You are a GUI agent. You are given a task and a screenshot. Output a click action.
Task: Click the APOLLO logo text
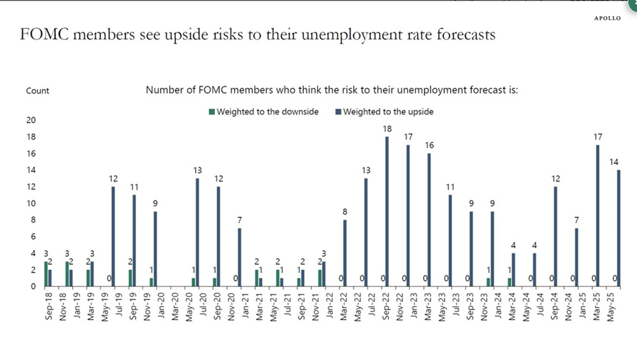pos(608,18)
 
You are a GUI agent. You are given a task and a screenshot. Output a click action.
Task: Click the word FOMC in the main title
pos(48,34)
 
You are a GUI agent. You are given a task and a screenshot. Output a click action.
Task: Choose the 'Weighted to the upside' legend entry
pos(384,111)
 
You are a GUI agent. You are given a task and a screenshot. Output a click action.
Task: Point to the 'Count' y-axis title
pos(38,90)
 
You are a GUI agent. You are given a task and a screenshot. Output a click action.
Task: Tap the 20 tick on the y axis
pos(30,120)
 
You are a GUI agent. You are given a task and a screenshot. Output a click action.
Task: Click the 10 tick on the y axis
pos(30,204)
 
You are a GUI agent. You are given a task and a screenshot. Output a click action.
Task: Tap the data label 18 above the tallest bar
pos(387,129)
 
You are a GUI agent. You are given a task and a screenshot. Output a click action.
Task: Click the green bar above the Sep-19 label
pos(131,278)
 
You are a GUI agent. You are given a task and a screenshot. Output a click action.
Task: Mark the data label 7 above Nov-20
pos(239,221)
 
